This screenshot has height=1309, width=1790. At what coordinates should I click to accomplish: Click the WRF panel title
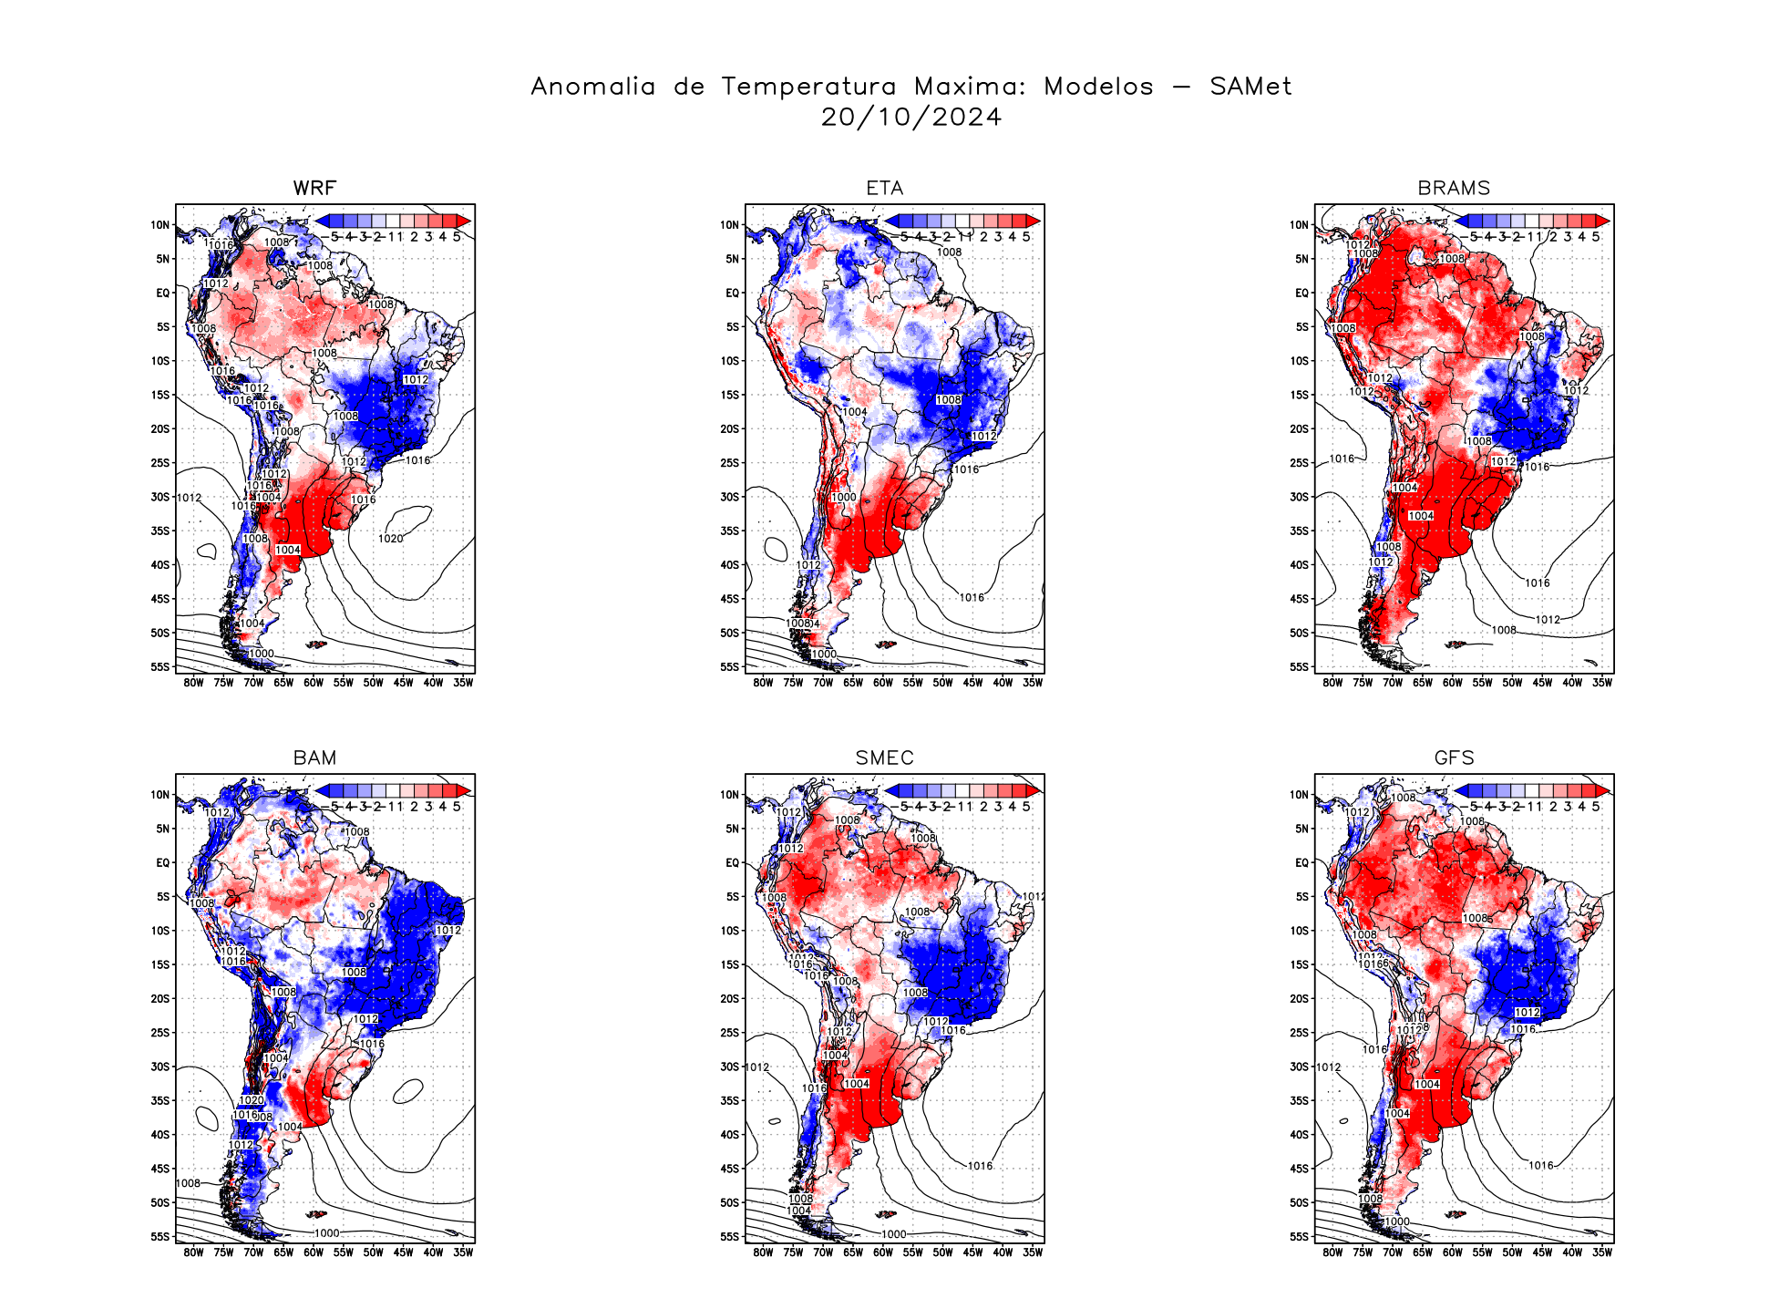(314, 188)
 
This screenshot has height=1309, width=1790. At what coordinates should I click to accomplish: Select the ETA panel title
(884, 188)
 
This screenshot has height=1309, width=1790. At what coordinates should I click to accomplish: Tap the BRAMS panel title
(1454, 188)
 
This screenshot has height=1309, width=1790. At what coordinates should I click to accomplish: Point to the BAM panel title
(314, 758)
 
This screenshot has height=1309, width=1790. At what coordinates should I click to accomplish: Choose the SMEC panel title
(884, 758)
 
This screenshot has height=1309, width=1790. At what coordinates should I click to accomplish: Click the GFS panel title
(1454, 758)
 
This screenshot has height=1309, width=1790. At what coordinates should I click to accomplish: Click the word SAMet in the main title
(1250, 87)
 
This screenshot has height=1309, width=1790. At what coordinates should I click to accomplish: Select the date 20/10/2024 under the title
(910, 118)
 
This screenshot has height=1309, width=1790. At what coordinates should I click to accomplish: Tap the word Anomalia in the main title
(593, 87)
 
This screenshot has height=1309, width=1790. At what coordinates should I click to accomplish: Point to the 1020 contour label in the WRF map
(390, 539)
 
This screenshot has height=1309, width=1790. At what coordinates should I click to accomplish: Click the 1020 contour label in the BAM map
(252, 1100)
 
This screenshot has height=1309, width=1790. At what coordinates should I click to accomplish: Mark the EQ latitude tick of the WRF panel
(163, 293)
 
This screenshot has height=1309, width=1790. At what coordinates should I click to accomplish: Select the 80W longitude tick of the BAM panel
(193, 1252)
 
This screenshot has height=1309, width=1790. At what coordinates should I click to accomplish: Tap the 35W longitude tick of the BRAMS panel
(1602, 683)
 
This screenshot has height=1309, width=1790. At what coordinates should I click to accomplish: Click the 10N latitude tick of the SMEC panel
(730, 795)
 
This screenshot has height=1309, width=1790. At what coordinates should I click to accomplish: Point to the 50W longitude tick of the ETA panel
(942, 683)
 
